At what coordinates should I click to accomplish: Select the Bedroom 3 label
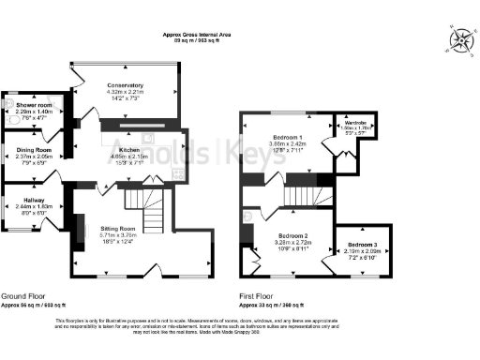click(363, 244)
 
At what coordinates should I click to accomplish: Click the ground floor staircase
click(144, 198)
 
